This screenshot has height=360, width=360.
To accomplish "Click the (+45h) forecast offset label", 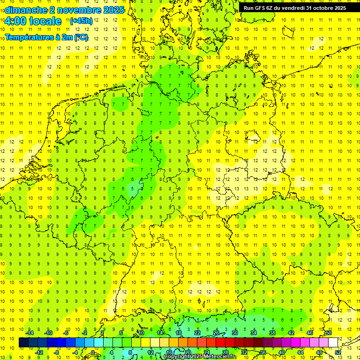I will [x=81, y=21].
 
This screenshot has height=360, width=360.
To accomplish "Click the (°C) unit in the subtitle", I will [x=81, y=37].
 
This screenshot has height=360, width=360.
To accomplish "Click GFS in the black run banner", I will [x=261, y=8].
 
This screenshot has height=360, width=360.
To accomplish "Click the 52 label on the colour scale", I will [x=338, y=352].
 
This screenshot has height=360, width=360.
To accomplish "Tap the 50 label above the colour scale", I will [x=329, y=333].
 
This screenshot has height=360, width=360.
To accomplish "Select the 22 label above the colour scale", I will [x=197, y=333].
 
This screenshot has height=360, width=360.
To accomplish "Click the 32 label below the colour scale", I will [x=244, y=352].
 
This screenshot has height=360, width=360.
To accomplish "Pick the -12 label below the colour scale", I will [x=39, y=352].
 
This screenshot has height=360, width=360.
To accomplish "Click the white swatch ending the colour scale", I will [x=333, y=342].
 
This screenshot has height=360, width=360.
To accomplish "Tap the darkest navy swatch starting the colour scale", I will [x=23, y=342].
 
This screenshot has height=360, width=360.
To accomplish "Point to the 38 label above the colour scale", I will [x=272, y=333].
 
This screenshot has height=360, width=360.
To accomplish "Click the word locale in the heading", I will [x=45, y=21].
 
